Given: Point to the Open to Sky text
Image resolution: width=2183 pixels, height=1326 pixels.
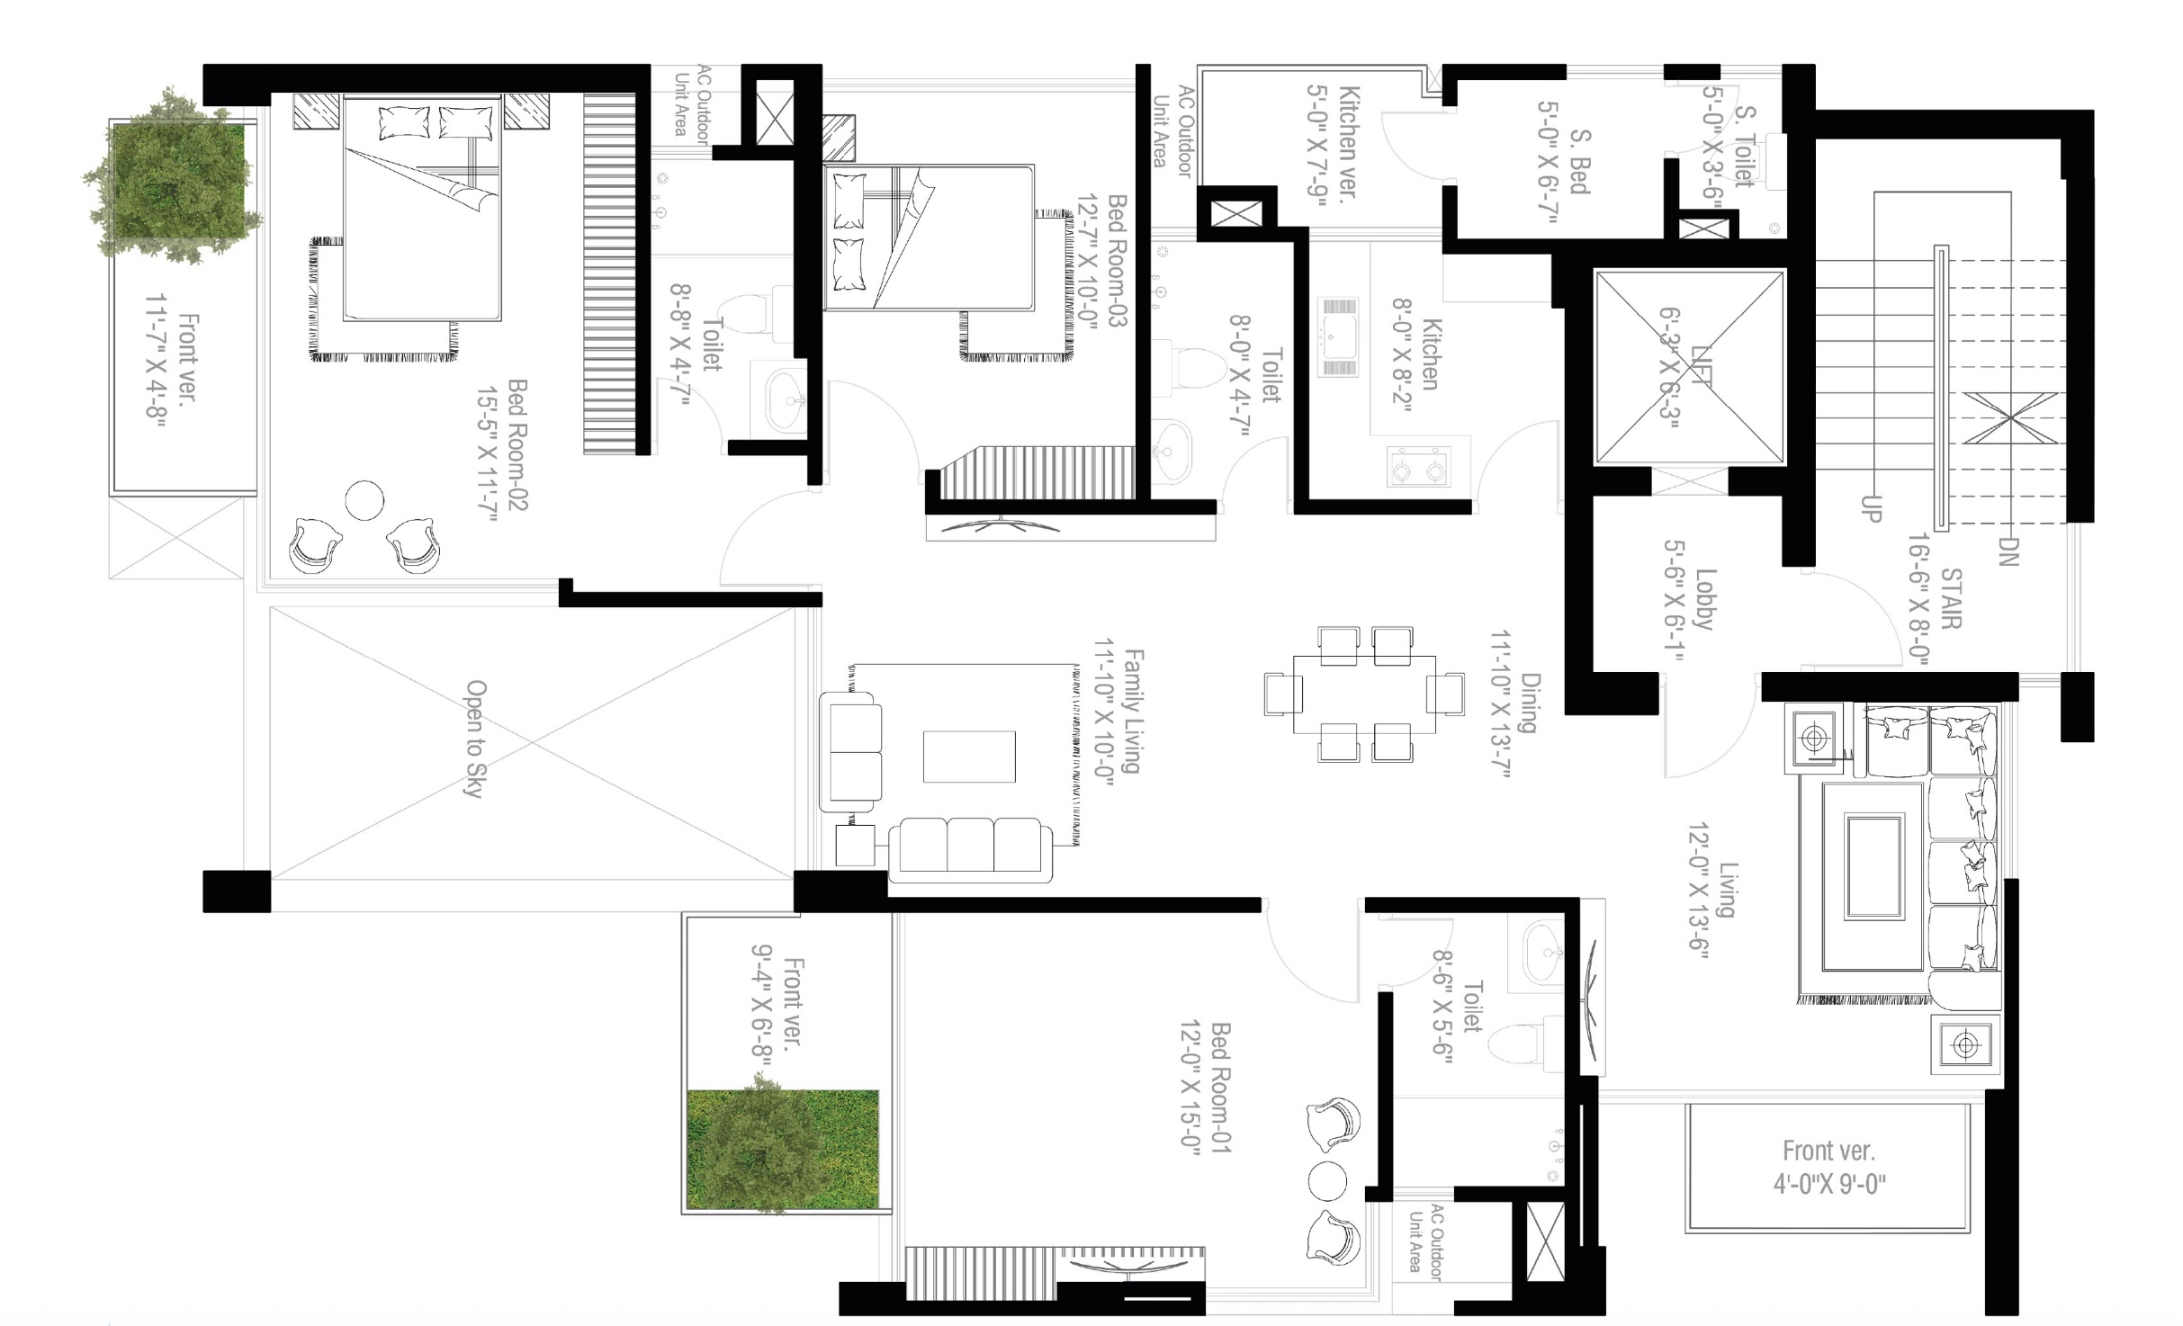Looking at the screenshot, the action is click(x=475, y=739).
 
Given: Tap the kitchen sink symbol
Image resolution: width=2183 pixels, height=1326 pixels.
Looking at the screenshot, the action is click(x=1338, y=336).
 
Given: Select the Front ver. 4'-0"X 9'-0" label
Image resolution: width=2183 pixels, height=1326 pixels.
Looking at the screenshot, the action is click(x=1829, y=1167).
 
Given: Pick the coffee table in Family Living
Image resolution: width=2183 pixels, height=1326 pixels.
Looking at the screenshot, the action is click(x=969, y=757).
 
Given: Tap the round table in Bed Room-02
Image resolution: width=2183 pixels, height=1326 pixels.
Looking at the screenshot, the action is click(x=364, y=500).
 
